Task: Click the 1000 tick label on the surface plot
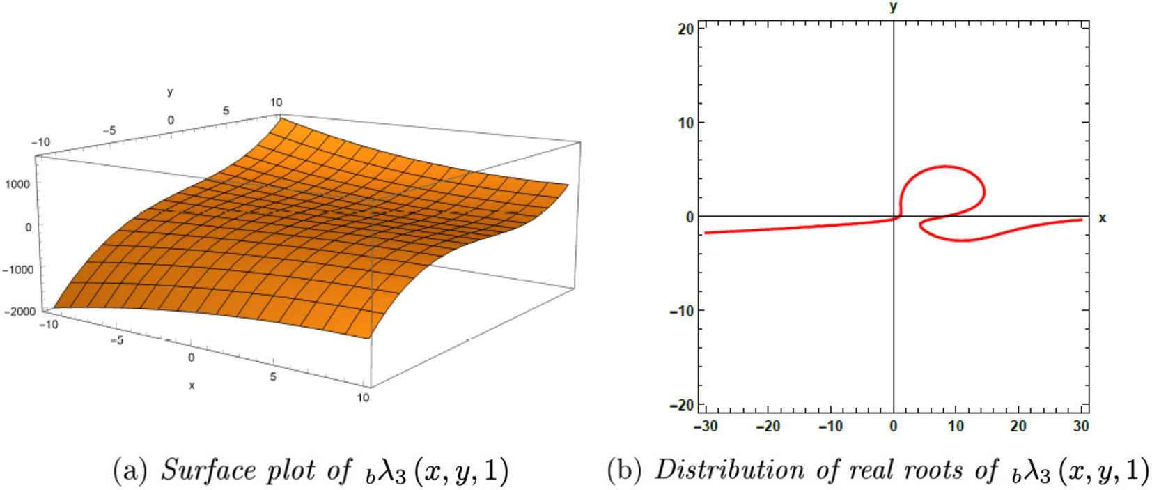pyautogui.click(x=17, y=184)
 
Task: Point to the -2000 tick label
pyautogui.click(x=20, y=312)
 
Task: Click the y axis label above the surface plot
pyautogui.click(x=170, y=92)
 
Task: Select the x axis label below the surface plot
pyautogui.click(x=192, y=385)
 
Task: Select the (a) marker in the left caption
pyautogui.click(x=130, y=470)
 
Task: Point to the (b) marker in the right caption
pyautogui.click(x=624, y=470)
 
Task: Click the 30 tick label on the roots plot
pyautogui.click(x=1081, y=426)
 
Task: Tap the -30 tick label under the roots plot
pyautogui.click(x=706, y=426)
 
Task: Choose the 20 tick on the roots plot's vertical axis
pyautogui.click(x=685, y=29)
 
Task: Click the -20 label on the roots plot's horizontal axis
pyautogui.click(x=768, y=426)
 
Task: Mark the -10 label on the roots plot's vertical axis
pyautogui.click(x=681, y=311)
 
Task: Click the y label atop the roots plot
pyautogui.click(x=894, y=7)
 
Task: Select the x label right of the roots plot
pyautogui.click(x=1103, y=218)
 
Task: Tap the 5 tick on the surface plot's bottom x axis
pyautogui.click(x=273, y=377)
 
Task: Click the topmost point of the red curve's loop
pyautogui.click(x=944, y=166)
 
